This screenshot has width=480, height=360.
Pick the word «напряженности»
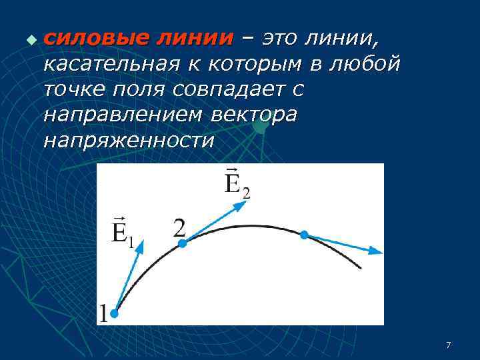point(129,141)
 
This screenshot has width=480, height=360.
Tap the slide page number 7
point(448,345)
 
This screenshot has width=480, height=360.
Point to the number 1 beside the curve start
point(103,313)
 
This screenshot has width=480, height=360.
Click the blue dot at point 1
point(115,313)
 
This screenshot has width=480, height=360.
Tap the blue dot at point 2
point(183,243)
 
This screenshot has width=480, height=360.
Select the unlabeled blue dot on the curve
point(304,235)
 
